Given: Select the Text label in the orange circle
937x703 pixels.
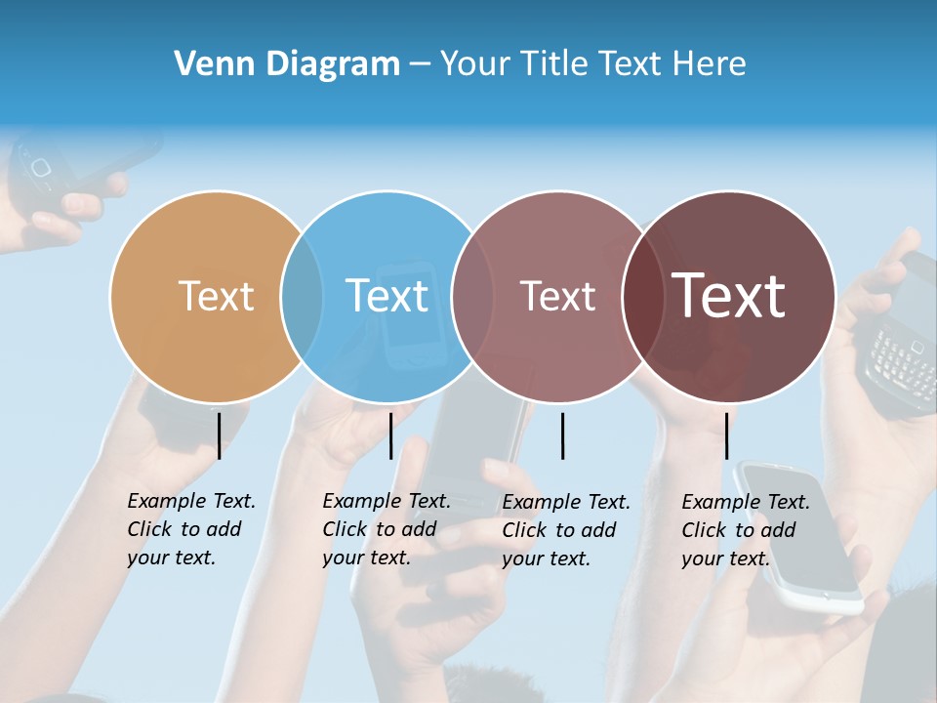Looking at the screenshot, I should click(216, 296).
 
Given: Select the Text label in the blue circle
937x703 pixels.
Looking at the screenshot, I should click(387, 296).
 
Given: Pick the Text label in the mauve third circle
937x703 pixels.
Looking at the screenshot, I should click(557, 296).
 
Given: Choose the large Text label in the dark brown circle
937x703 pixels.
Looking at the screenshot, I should click(729, 296).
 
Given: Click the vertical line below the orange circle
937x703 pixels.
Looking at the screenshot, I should click(219, 435).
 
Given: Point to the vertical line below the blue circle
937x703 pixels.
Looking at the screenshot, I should click(390, 435).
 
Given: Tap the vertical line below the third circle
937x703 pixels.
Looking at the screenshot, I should click(562, 435).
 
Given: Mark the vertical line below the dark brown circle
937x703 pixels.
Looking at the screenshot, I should click(726, 435).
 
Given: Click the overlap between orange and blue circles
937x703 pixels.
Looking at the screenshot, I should click(302, 296).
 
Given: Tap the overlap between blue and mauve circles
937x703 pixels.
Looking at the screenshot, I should click(472, 296).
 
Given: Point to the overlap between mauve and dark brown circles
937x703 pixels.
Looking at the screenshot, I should click(643, 296).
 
